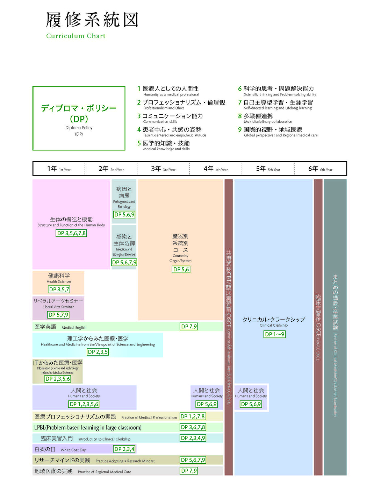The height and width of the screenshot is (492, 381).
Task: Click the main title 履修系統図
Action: coord(93,20)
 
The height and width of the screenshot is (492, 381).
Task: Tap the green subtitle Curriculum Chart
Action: coord(76,36)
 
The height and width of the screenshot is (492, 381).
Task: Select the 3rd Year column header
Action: coord(163,169)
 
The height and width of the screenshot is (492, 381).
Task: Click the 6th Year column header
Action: coord(320,169)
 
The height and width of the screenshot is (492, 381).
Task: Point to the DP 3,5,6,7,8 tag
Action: coord(71,233)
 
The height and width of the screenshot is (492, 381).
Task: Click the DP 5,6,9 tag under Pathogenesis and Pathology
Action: coord(124,215)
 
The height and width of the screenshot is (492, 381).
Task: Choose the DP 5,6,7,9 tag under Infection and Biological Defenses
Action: coord(124,262)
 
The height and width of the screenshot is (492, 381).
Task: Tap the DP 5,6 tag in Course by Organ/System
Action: coord(181,269)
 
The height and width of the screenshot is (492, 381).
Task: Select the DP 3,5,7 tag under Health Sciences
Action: coord(59,289)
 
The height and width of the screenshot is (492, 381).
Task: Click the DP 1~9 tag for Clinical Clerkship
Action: coord(274,334)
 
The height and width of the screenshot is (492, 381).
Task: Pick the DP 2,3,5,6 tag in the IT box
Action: coord(58,379)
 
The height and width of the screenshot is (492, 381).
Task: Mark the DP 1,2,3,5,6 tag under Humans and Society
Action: coord(84,404)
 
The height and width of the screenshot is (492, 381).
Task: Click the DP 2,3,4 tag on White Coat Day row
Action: coord(124,449)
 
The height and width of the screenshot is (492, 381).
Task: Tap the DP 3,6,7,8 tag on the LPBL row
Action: coord(193,427)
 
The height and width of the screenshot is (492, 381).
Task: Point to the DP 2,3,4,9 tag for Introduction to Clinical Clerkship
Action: coord(193,438)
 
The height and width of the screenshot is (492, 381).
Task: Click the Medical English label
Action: coord(74,328)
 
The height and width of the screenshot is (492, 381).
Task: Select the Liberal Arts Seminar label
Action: coord(58,307)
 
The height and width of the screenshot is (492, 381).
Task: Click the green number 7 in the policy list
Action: coord(240,102)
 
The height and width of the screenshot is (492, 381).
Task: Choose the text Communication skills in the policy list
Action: coord(160,122)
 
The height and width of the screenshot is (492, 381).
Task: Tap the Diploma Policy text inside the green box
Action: coord(79,128)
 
